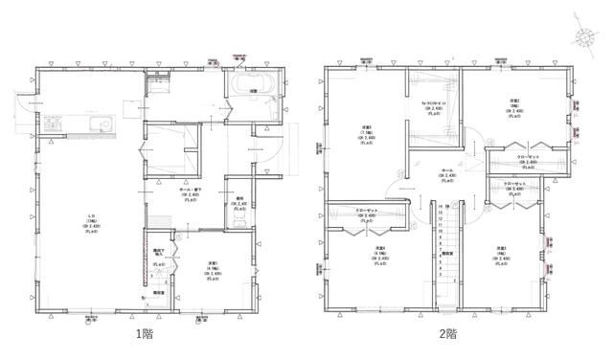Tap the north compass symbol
click(x=583, y=37)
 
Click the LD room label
click(x=88, y=216)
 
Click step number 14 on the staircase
click(x=440, y=206)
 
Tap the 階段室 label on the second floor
click(x=446, y=255)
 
